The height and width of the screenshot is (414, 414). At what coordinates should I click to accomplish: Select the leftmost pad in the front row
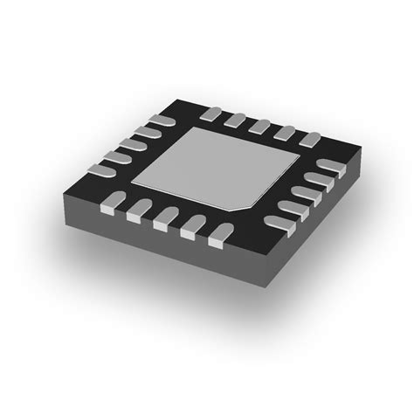point(109,204)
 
